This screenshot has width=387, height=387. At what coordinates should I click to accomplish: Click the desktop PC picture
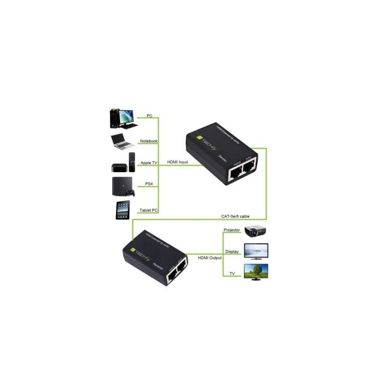pos(121,119)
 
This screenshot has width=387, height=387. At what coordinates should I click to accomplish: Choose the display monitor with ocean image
pos(256,251)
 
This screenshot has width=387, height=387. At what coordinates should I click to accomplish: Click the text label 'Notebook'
pos(149,141)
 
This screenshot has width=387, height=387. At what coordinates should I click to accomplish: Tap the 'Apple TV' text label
pos(149,164)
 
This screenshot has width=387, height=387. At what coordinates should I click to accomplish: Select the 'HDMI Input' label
pos(178,162)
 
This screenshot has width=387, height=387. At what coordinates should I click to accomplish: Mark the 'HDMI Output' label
pos(209,258)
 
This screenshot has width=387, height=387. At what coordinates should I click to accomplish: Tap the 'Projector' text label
pos(232,229)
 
